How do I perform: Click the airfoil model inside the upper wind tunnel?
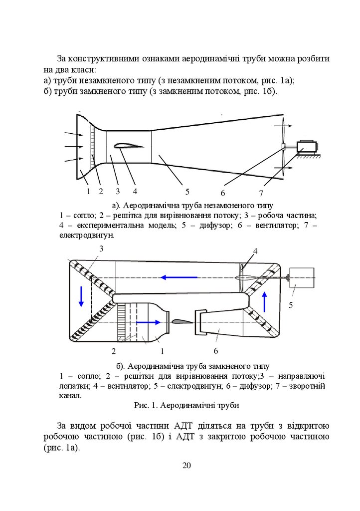pyautogui.click(x=128, y=146)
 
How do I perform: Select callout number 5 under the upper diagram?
pyautogui.click(x=187, y=191)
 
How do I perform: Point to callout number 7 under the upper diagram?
pyautogui.click(x=260, y=193)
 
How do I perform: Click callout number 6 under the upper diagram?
pyautogui.click(x=223, y=193)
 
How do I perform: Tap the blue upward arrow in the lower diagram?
pyautogui.click(x=265, y=301)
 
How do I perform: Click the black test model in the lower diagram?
pyautogui.click(x=180, y=322)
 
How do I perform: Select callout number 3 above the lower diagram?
pyautogui.click(x=101, y=249)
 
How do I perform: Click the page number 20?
pyautogui.click(x=186, y=466)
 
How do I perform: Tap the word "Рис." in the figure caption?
pyautogui.click(x=141, y=406)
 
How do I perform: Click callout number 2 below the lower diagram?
pyautogui.click(x=114, y=351)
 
